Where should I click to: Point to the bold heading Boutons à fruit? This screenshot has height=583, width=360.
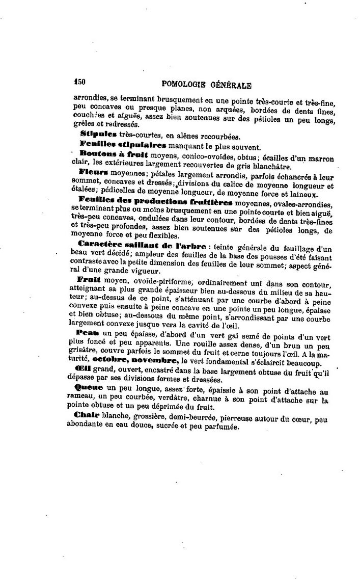[113, 154]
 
